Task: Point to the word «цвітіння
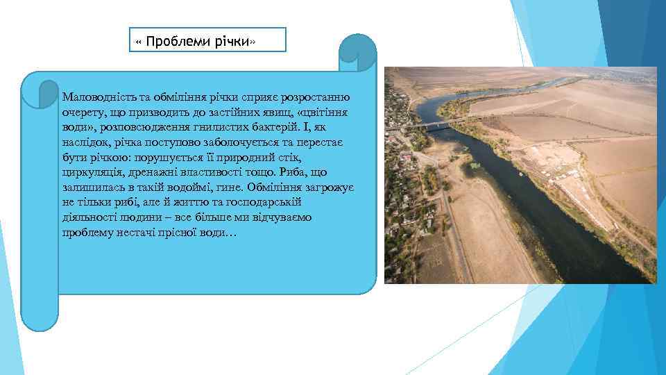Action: pos(326,111)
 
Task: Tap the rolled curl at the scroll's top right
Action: pos(357,52)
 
